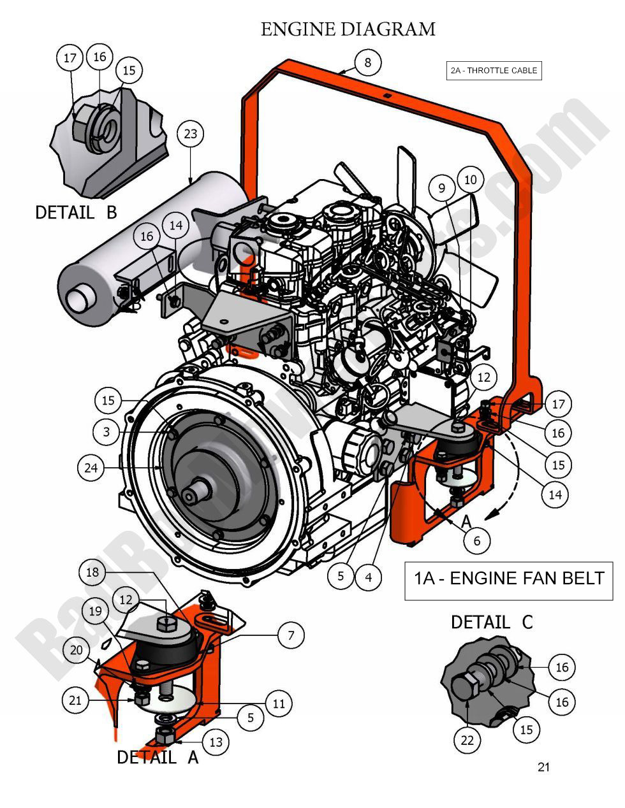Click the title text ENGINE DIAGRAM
point(348,29)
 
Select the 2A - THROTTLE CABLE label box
point(494,71)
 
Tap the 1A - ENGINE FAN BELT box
point(508,579)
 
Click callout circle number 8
point(367,62)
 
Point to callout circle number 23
point(190,134)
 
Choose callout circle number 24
point(91,468)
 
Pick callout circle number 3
point(106,432)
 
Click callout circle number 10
point(470,180)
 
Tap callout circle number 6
point(476,541)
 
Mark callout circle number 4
point(368,577)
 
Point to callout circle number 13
point(216,742)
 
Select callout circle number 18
point(92,572)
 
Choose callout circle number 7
point(291,635)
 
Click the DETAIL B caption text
point(76,212)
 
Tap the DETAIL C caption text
point(491,622)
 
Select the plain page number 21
point(543,767)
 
